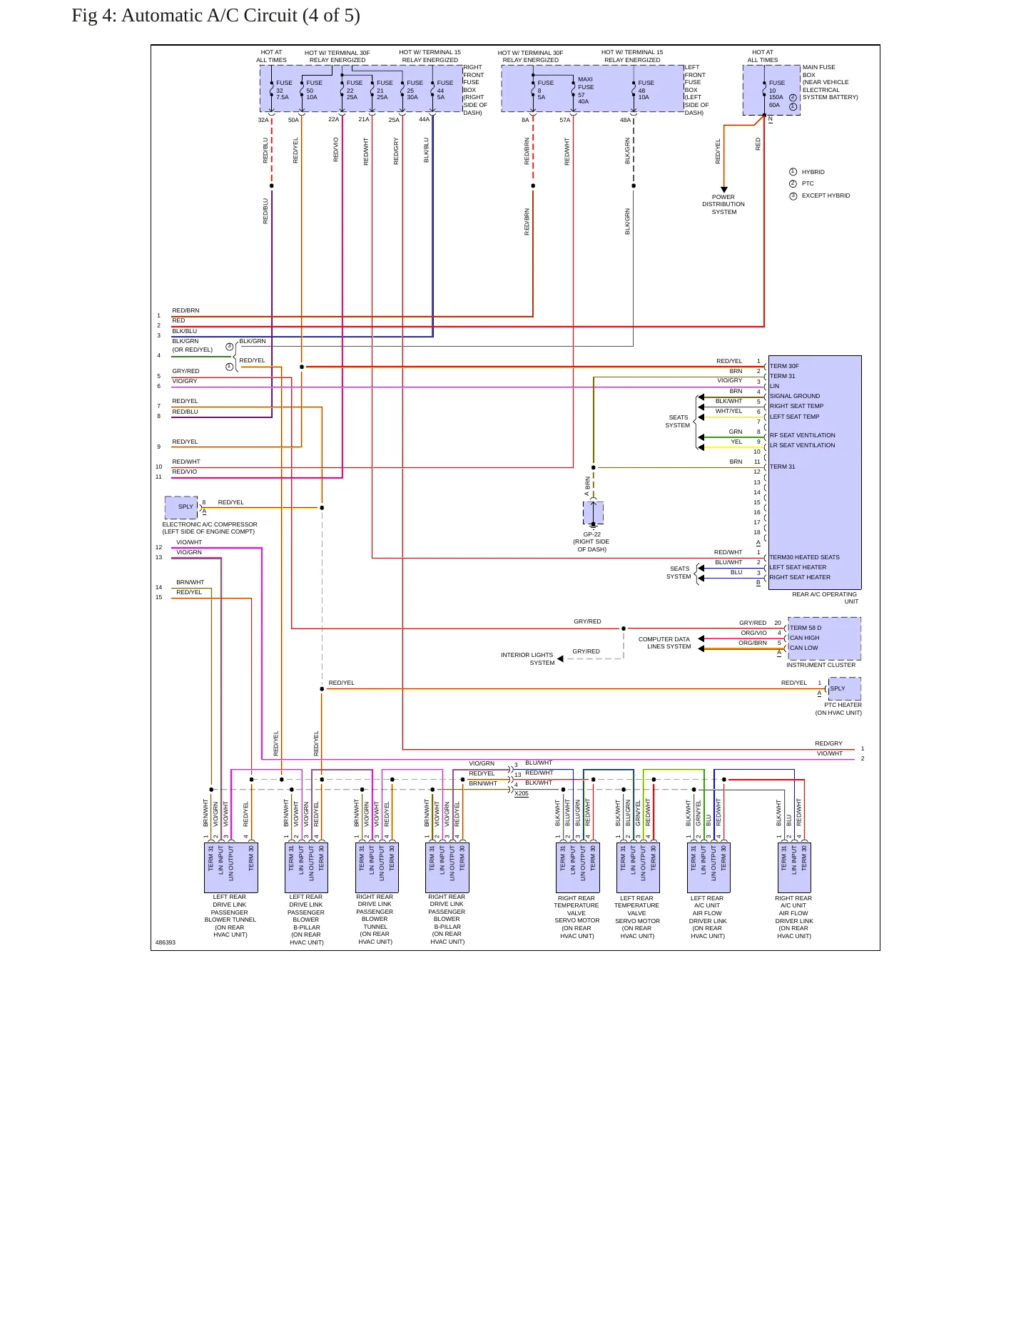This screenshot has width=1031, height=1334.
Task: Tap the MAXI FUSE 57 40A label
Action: pyautogui.click(x=585, y=90)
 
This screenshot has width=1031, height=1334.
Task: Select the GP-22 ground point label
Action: pyautogui.click(x=591, y=534)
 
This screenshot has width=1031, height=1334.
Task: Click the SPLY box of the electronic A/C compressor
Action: pyautogui.click(x=181, y=507)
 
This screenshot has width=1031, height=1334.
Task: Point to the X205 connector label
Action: pyautogui.click(x=522, y=793)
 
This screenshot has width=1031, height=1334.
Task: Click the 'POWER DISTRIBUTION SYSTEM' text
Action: pyautogui.click(x=723, y=205)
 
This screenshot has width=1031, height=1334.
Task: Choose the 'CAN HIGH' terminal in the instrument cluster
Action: pyautogui.click(x=804, y=638)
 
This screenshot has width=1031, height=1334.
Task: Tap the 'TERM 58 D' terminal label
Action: pyautogui.click(x=805, y=628)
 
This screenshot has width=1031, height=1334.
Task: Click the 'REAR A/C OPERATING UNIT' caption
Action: pyautogui.click(x=825, y=598)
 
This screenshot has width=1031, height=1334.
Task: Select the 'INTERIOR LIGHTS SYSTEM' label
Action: pyautogui.click(x=527, y=658)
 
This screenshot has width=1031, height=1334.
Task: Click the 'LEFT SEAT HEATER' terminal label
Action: pyautogui.click(x=798, y=567)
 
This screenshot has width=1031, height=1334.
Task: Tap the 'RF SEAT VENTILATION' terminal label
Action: pyautogui.click(x=802, y=435)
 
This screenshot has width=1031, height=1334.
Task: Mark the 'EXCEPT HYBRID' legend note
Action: pyautogui.click(x=826, y=195)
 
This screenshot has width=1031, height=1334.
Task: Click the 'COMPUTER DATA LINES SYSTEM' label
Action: pyautogui.click(x=665, y=643)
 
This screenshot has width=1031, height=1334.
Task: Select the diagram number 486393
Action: pyautogui.click(x=165, y=942)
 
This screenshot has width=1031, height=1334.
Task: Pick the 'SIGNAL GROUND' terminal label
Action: pyautogui.click(x=795, y=396)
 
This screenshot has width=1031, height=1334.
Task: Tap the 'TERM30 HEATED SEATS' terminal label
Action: pyautogui.click(x=804, y=557)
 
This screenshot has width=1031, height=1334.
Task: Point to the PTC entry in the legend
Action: pyautogui.click(x=808, y=183)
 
